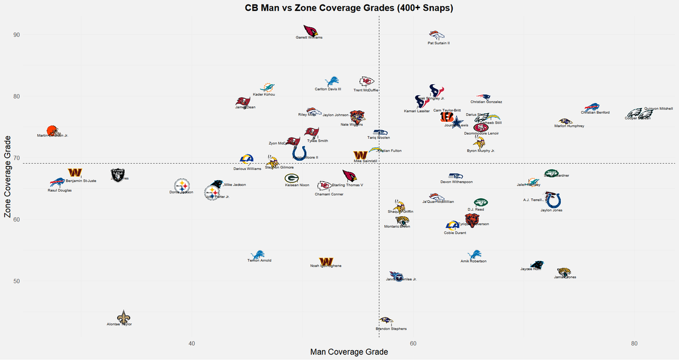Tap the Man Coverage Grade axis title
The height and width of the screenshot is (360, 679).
click(349, 352)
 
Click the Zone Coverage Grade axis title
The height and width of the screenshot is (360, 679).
click(8, 177)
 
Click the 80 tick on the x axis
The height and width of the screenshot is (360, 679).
click(634, 344)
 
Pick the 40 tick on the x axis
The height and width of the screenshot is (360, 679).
click(192, 344)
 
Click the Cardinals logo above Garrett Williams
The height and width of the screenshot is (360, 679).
click(310, 31)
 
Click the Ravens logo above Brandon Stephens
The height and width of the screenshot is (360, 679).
click(386, 321)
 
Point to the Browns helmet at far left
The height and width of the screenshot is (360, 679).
click(52, 131)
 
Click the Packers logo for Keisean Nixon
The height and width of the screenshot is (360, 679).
click(291, 178)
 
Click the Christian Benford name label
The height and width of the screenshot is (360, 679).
click(595, 113)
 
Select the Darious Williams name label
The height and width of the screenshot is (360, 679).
click(247, 169)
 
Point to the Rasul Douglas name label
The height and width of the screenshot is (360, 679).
click(59, 190)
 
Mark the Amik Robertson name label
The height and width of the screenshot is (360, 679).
click(474, 261)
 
